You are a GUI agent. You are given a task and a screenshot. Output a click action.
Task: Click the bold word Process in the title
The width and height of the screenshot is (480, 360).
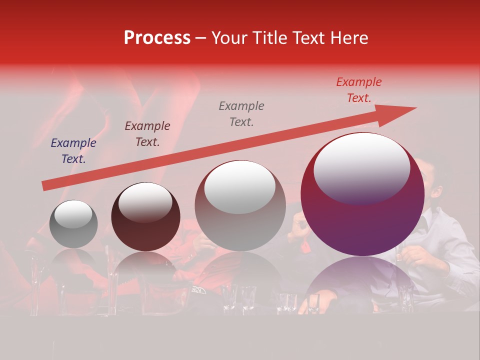point(157,37)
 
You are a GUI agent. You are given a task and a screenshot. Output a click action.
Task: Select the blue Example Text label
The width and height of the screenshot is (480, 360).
point(73,151)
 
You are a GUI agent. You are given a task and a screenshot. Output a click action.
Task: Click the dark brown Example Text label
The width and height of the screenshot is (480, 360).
point(147,134)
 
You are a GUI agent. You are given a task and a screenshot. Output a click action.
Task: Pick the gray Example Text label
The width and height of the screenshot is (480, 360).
point(241,113)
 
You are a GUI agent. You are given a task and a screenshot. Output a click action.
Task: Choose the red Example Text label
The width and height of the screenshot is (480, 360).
point(359,90)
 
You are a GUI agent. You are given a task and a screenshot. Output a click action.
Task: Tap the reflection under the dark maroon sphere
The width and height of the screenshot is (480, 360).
point(145,270)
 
